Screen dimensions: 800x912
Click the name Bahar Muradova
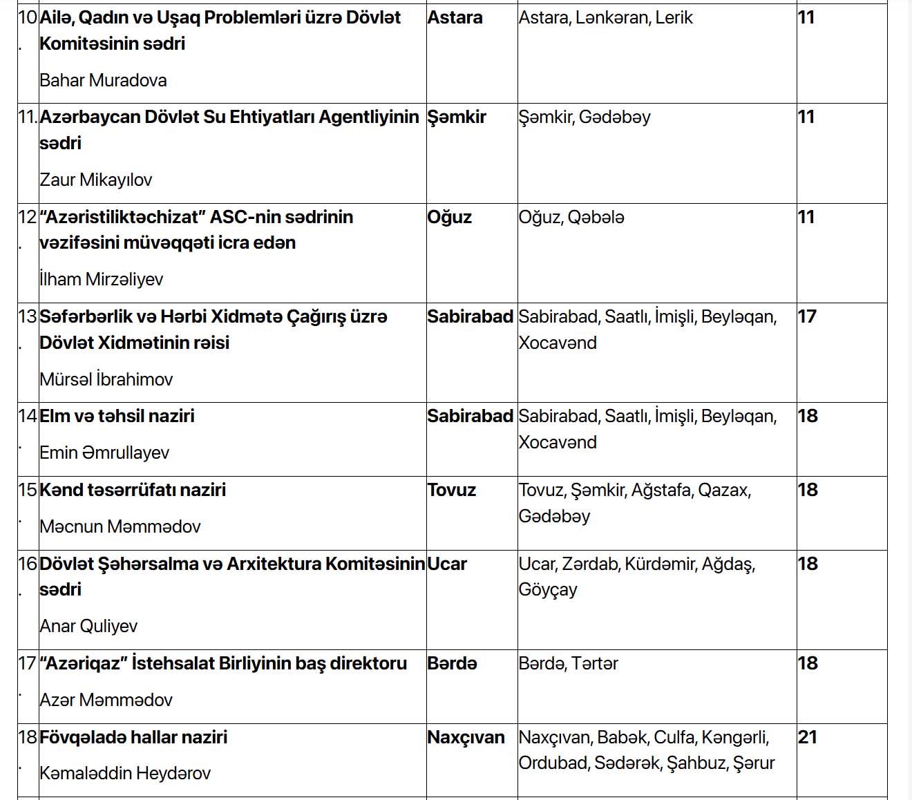click(x=103, y=80)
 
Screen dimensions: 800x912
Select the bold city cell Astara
click(x=455, y=17)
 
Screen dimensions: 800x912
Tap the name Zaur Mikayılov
click(x=95, y=180)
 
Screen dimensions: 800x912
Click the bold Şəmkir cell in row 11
click(x=457, y=117)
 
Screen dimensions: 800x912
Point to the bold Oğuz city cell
click(x=449, y=217)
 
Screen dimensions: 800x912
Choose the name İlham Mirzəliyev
click(x=101, y=279)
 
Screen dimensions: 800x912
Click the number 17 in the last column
click(x=807, y=316)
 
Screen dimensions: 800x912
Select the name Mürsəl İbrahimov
click(x=106, y=379)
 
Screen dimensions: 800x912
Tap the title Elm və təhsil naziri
click(x=117, y=416)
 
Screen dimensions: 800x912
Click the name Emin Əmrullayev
click(x=104, y=453)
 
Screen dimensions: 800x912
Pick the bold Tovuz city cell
click(x=451, y=490)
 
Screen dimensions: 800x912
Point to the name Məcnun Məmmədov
click(x=120, y=526)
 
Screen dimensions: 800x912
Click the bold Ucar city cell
click(x=447, y=564)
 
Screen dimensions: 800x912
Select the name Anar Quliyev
click(x=88, y=626)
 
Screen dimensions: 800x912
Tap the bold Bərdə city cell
click(x=452, y=663)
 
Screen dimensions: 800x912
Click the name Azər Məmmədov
click(x=106, y=700)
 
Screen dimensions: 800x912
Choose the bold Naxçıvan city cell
click(x=466, y=737)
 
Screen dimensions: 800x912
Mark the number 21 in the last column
click(x=807, y=737)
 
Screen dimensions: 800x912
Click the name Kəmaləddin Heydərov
click(x=125, y=773)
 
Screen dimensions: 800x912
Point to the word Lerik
click(x=674, y=17)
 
